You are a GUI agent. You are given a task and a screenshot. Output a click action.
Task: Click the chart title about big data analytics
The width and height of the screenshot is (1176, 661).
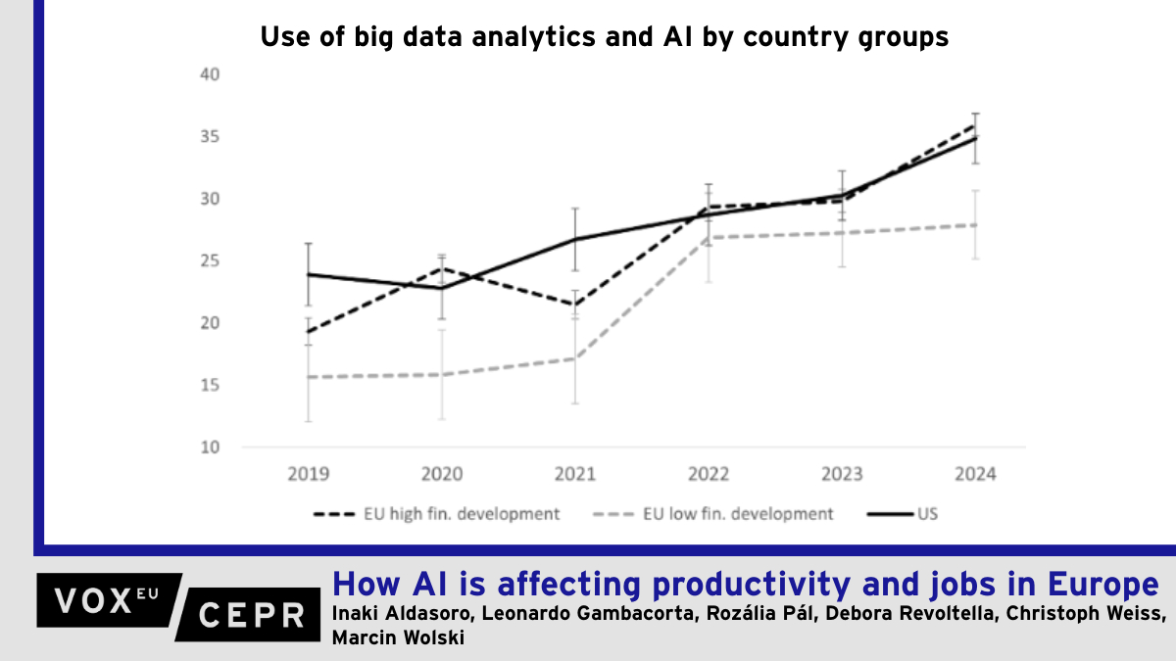(604, 37)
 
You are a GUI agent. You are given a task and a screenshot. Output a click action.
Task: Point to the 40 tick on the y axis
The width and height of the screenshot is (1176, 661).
(210, 74)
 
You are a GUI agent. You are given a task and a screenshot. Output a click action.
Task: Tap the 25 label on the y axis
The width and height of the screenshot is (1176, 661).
(210, 261)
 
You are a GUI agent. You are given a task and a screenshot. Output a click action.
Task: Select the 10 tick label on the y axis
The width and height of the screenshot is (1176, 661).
(210, 448)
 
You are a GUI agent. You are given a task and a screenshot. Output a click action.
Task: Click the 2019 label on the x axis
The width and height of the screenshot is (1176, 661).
(309, 475)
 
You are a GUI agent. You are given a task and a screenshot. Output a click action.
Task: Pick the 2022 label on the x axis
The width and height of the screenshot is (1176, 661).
(709, 475)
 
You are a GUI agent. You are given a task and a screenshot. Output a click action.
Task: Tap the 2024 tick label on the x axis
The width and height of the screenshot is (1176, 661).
(975, 475)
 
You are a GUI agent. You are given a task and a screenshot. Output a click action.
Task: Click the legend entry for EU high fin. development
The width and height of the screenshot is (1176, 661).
(436, 514)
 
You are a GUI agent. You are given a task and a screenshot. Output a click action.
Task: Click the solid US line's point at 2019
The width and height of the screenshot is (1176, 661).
(309, 274)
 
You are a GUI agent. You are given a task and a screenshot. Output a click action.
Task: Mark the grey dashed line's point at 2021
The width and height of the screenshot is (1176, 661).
(575, 358)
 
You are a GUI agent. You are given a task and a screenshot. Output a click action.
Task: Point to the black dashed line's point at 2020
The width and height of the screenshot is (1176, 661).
(442, 267)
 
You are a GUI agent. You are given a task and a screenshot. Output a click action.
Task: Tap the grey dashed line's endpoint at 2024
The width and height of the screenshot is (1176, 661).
(975, 225)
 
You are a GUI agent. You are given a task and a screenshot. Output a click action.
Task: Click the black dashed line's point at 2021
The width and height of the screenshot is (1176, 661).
(575, 305)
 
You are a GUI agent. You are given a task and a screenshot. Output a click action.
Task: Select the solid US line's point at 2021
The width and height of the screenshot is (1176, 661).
(575, 239)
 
